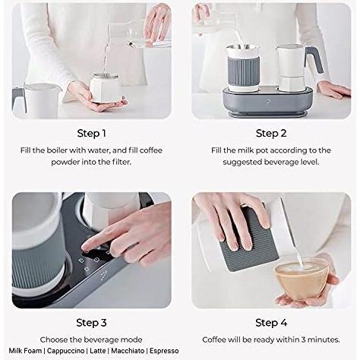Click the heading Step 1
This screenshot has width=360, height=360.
[91, 134]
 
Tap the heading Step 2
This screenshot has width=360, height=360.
[271, 134]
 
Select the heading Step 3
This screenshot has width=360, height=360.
[91, 323]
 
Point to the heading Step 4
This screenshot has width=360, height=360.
[271, 323]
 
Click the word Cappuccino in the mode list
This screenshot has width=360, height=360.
[65, 351]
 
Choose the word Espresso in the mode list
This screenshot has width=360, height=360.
[164, 351]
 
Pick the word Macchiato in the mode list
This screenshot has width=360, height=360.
[128, 351]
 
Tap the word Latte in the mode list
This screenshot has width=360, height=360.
[98, 351]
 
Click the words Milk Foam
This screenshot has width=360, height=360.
[25, 351]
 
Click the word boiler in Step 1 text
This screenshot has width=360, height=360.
[57, 150]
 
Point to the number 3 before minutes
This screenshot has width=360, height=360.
[303, 339]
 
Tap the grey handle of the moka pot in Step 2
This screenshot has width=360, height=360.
[314, 59]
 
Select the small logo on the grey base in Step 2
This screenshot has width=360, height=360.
[268, 102]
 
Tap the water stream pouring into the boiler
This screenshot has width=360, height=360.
[106, 51]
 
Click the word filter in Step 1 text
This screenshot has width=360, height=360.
[122, 162]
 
